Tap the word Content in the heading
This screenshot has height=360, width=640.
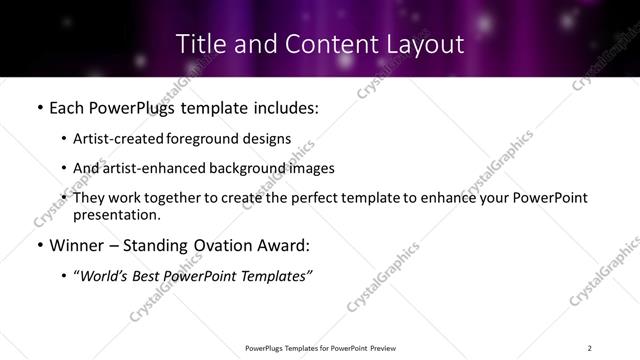click(x=317, y=44)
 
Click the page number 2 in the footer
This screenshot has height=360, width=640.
click(x=589, y=347)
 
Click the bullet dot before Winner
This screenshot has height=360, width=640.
click(x=38, y=245)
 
